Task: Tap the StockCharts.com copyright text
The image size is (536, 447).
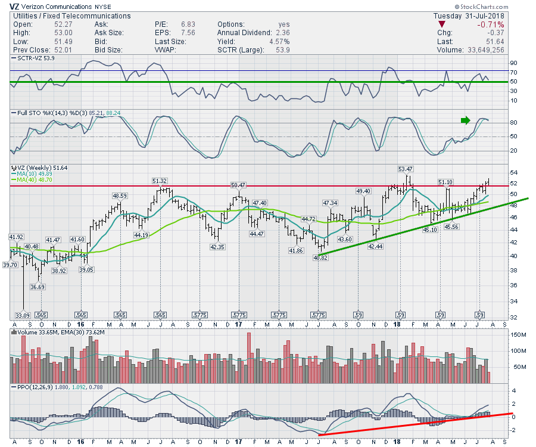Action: click(504, 7)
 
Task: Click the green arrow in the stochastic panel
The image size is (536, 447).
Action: click(465, 120)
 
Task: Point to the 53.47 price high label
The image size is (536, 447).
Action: click(406, 169)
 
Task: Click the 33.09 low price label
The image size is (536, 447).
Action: click(23, 314)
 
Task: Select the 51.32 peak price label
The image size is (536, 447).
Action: click(159, 181)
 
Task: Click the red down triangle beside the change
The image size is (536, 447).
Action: click(441, 25)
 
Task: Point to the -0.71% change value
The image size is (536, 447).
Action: click(491, 25)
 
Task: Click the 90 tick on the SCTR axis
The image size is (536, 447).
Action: click(512, 61)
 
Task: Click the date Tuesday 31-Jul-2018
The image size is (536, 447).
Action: click(469, 15)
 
